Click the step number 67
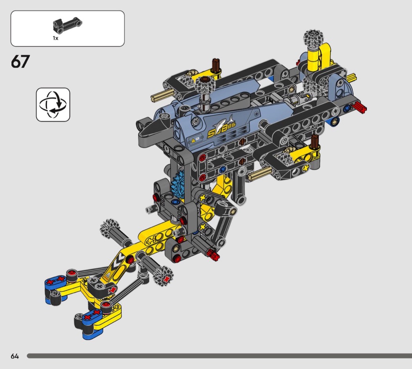20,62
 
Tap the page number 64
15,356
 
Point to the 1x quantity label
55,38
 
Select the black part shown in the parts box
67,26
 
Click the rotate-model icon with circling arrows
53,105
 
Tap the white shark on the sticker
223,121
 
